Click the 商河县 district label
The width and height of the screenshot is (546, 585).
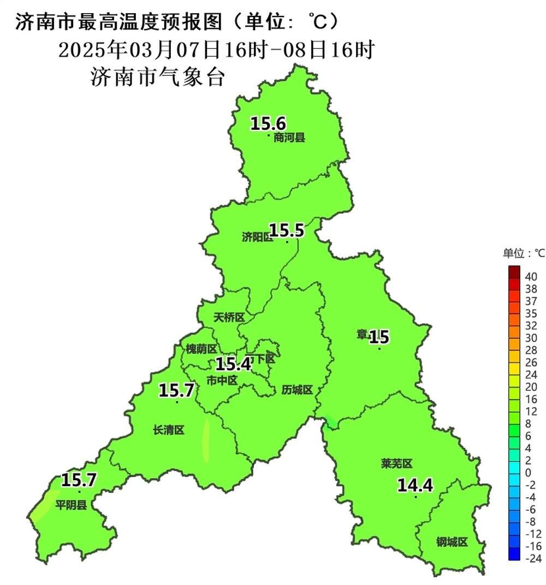click(x=289, y=138)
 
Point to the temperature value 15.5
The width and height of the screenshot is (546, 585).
click(x=286, y=231)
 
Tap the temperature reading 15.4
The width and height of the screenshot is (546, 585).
click(x=233, y=364)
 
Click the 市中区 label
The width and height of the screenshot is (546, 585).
click(x=222, y=380)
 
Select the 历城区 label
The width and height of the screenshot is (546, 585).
click(x=297, y=390)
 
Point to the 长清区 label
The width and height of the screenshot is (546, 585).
click(x=169, y=431)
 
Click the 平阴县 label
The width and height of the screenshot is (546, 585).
click(x=71, y=505)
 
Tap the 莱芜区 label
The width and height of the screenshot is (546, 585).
click(x=396, y=464)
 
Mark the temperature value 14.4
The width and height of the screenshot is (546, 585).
click(x=415, y=485)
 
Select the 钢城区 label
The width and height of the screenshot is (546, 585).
click(x=452, y=542)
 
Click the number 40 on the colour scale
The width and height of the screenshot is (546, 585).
click(x=531, y=277)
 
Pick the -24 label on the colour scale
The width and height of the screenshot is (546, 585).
click(x=532, y=558)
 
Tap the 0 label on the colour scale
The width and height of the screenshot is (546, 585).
click(x=527, y=473)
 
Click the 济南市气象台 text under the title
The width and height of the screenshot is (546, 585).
click(x=158, y=77)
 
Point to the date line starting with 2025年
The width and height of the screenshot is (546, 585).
click(x=216, y=50)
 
